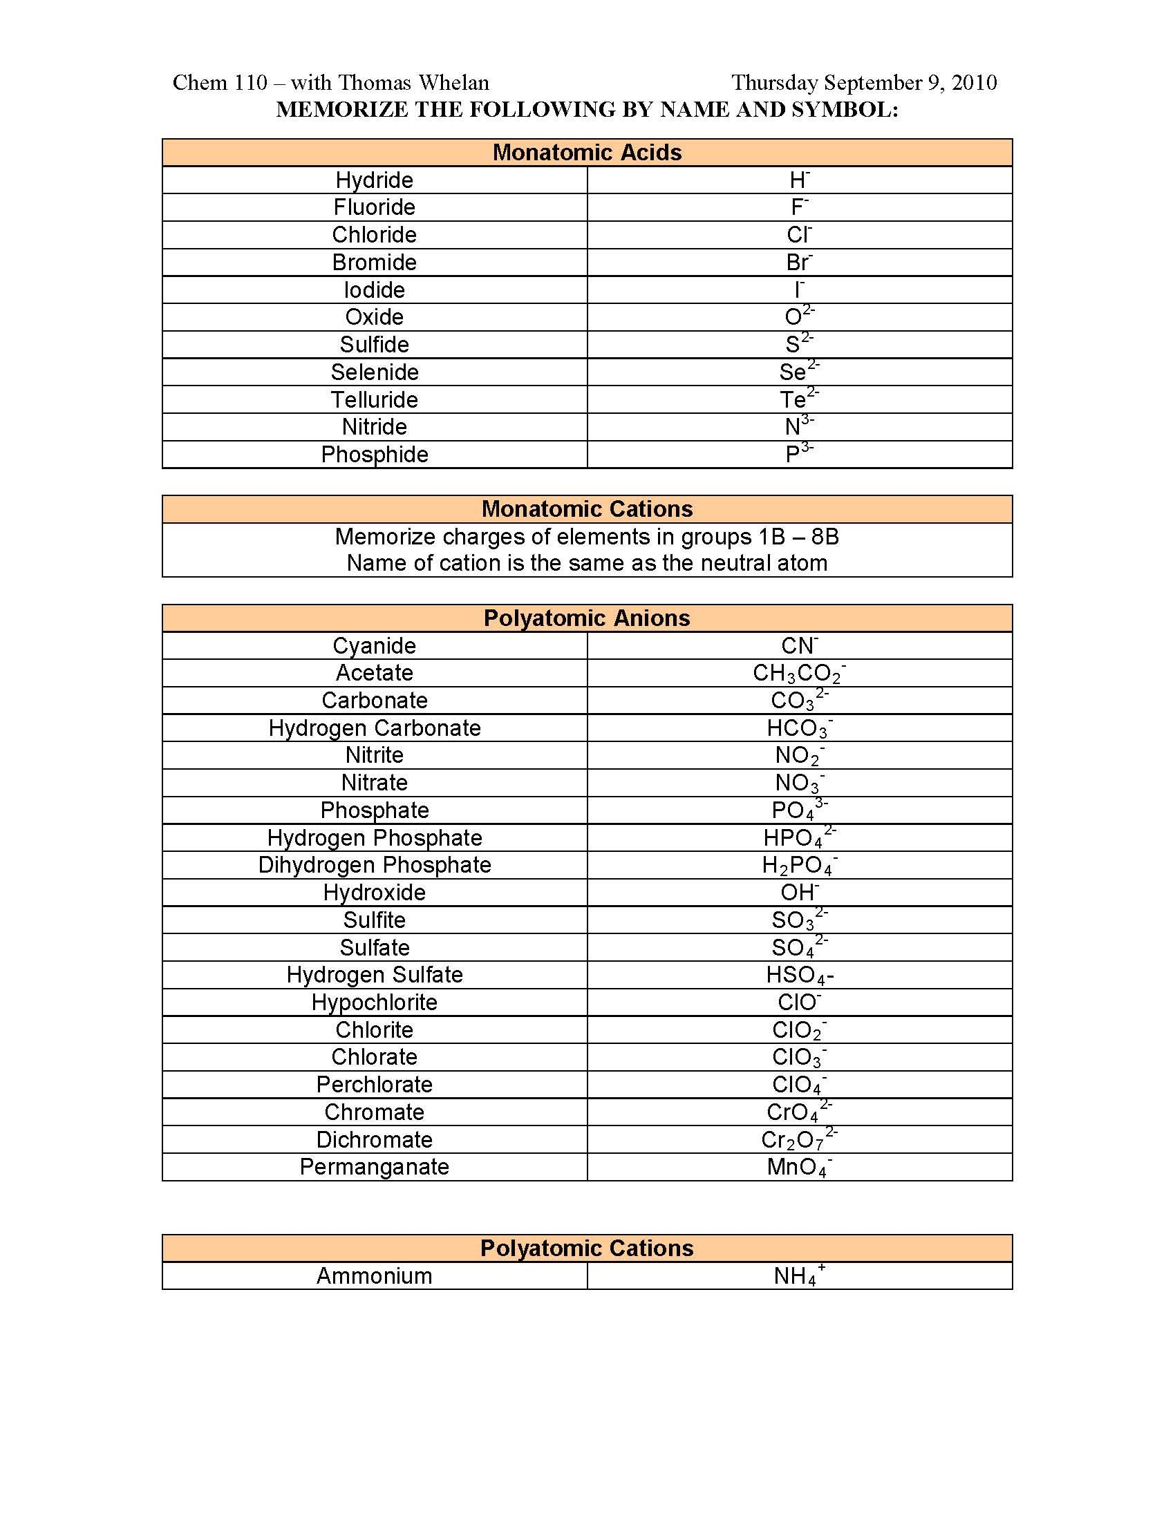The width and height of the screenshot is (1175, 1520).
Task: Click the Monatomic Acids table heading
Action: click(x=587, y=153)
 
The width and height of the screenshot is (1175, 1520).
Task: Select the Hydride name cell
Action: click(x=375, y=180)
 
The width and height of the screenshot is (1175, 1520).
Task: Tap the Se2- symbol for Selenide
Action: click(x=798, y=371)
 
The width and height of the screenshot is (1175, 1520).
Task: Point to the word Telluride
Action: click(x=375, y=399)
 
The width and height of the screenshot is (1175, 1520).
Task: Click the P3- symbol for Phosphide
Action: click(x=798, y=454)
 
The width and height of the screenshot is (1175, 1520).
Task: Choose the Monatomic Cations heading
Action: click(x=587, y=509)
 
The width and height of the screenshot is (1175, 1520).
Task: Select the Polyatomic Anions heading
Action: click(x=587, y=618)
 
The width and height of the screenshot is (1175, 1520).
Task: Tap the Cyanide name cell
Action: click(x=375, y=646)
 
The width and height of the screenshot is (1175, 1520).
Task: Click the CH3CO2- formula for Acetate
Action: click(x=798, y=673)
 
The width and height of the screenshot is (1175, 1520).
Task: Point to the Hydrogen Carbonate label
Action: click(x=375, y=728)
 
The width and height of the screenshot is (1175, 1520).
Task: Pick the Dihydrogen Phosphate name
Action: click(x=375, y=865)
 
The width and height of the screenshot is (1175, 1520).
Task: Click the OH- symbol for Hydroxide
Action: click(x=799, y=892)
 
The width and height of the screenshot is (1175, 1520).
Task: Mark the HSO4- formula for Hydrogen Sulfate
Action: click(x=799, y=975)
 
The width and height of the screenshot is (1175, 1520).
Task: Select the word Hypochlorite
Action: click(x=375, y=1003)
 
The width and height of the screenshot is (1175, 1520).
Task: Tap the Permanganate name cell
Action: click(x=375, y=1167)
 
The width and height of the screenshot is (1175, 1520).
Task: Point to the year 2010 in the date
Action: click(x=974, y=83)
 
